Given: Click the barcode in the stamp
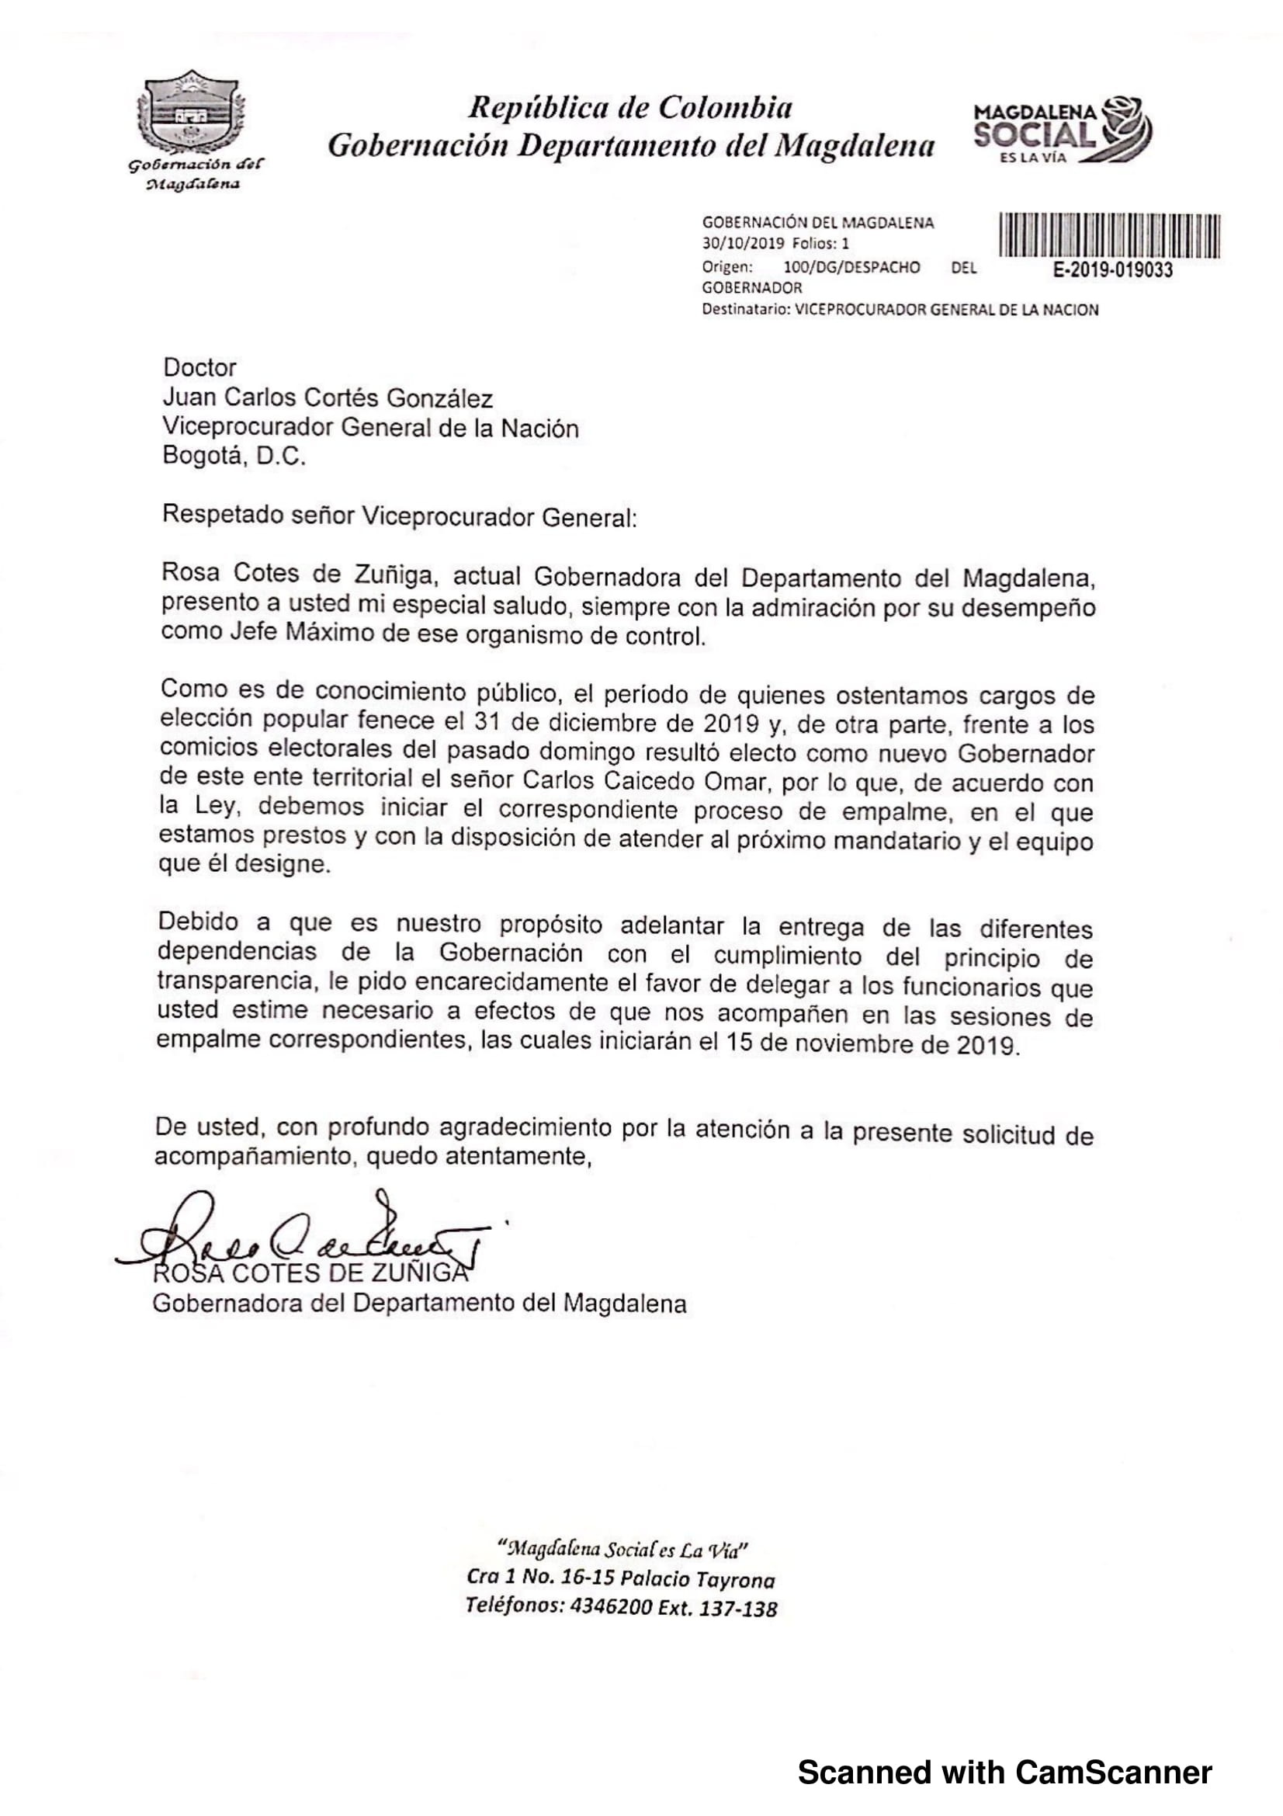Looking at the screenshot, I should (x=1110, y=236).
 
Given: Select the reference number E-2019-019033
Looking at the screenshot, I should (x=1112, y=270).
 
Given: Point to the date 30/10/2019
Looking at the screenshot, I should (x=743, y=245).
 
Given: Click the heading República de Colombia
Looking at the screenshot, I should (x=630, y=108).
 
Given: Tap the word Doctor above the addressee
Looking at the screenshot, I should (x=199, y=368).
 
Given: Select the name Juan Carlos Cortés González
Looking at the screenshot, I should (x=328, y=398).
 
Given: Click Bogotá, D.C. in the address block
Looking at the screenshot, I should (x=233, y=457).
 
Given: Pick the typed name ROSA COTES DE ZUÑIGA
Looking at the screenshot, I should (x=310, y=1273).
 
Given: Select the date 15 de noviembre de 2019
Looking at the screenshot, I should (x=870, y=1044).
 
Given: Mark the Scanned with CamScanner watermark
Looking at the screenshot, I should (x=1004, y=1773).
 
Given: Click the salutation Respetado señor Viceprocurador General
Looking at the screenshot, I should (x=398, y=516).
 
